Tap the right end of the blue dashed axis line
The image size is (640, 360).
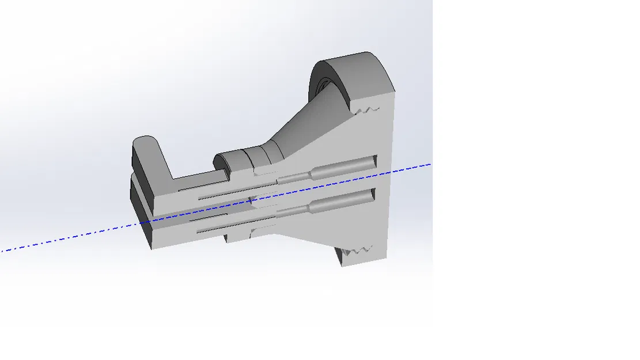pyautogui.click(x=430, y=164)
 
